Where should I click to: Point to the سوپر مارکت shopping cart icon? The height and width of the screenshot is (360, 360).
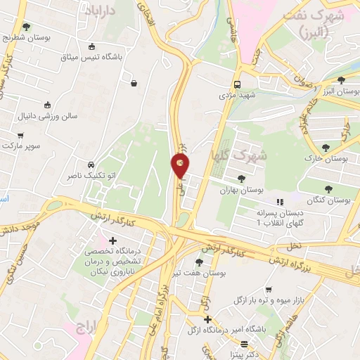(x=20, y=134)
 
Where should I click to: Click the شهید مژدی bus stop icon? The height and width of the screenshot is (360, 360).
(x=237, y=81)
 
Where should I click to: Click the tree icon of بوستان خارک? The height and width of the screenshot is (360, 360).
(x=326, y=147)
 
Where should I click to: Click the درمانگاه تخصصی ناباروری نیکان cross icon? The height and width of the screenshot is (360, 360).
(x=112, y=241)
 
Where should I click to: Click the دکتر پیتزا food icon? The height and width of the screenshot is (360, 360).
(x=243, y=344)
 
